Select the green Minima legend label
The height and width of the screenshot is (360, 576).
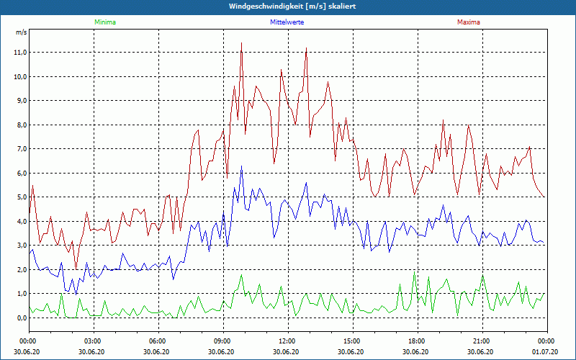click(x=104, y=22)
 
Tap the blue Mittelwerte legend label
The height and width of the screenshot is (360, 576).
click(x=287, y=22)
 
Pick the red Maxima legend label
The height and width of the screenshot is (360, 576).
click(x=468, y=22)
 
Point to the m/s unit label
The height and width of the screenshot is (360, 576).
click(x=21, y=33)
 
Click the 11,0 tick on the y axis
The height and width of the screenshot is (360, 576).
click(x=19, y=53)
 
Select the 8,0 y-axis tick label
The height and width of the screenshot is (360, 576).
click(x=21, y=125)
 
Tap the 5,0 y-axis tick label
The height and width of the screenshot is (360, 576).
click(x=21, y=197)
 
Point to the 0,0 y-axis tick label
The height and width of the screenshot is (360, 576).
click(x=21, y=318)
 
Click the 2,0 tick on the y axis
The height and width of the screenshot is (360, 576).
click(x=21, y=269)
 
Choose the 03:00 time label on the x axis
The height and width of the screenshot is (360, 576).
click(x=93, y=341)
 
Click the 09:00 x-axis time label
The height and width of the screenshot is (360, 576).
click(x=222, y=341)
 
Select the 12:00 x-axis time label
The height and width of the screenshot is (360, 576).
click(x=287, y=341)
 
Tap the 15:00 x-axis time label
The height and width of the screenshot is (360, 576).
click(x=351, y=341)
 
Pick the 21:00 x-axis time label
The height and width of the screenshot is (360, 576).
click(x=481, y=341)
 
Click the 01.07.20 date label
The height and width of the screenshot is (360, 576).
click(x=545, y=352)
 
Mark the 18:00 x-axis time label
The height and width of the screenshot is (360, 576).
click(x=416, y=341)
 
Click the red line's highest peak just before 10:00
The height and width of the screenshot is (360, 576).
click(x=241, y=43)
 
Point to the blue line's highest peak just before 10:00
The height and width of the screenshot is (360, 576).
click(x=241, y=166)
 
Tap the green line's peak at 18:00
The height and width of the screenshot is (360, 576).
click(x=414, y=272)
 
